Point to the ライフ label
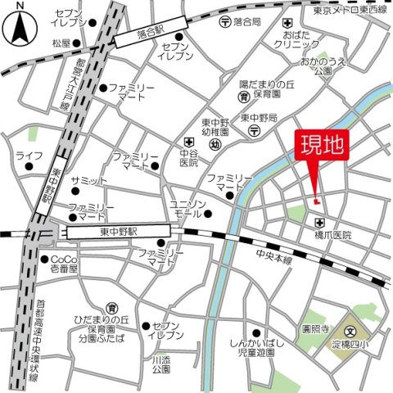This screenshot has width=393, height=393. coord(29,155)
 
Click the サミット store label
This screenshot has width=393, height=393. coord(88,180)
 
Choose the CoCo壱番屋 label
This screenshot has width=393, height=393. coord(62,264)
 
